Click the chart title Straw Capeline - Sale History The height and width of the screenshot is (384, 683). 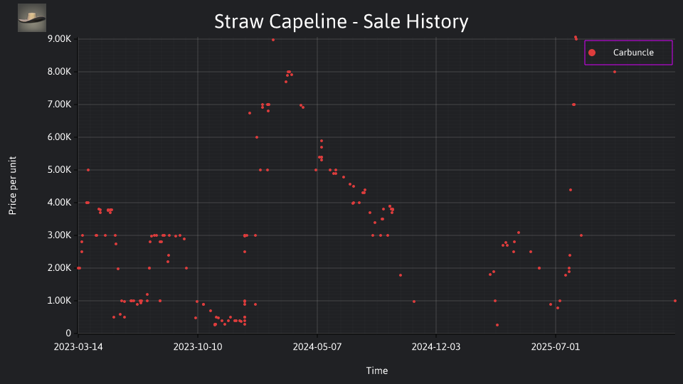coord(341,21)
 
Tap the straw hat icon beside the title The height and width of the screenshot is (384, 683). coord(32,18)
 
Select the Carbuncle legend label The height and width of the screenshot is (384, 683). coord(633,53)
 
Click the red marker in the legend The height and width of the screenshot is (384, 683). coord(592,53)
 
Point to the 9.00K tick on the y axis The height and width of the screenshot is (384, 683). coord(59,38)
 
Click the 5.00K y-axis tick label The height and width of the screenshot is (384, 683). coord(59,170)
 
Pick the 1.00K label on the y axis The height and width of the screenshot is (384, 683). coord(59,300)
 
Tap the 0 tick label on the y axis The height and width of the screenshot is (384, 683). coord(68,333)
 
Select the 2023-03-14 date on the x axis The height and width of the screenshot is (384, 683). coord(78,347)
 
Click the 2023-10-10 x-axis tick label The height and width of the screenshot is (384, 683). coord(198,347)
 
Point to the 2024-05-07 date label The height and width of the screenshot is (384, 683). coord(317,347)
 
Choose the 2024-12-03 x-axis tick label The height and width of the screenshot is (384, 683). coord(436,347)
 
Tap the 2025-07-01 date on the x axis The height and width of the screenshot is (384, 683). coord(556,347)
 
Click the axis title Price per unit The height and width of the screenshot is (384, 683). coord(13,186)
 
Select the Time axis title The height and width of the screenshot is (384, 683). coord(377,370)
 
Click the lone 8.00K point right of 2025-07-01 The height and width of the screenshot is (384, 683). coord(615,72)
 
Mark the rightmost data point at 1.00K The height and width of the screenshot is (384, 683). coord(675,301)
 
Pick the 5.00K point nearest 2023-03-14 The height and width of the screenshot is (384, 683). coord(88,170)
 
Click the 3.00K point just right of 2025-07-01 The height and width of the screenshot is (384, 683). coord(581,235)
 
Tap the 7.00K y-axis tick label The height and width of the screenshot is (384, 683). coord(59,104)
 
